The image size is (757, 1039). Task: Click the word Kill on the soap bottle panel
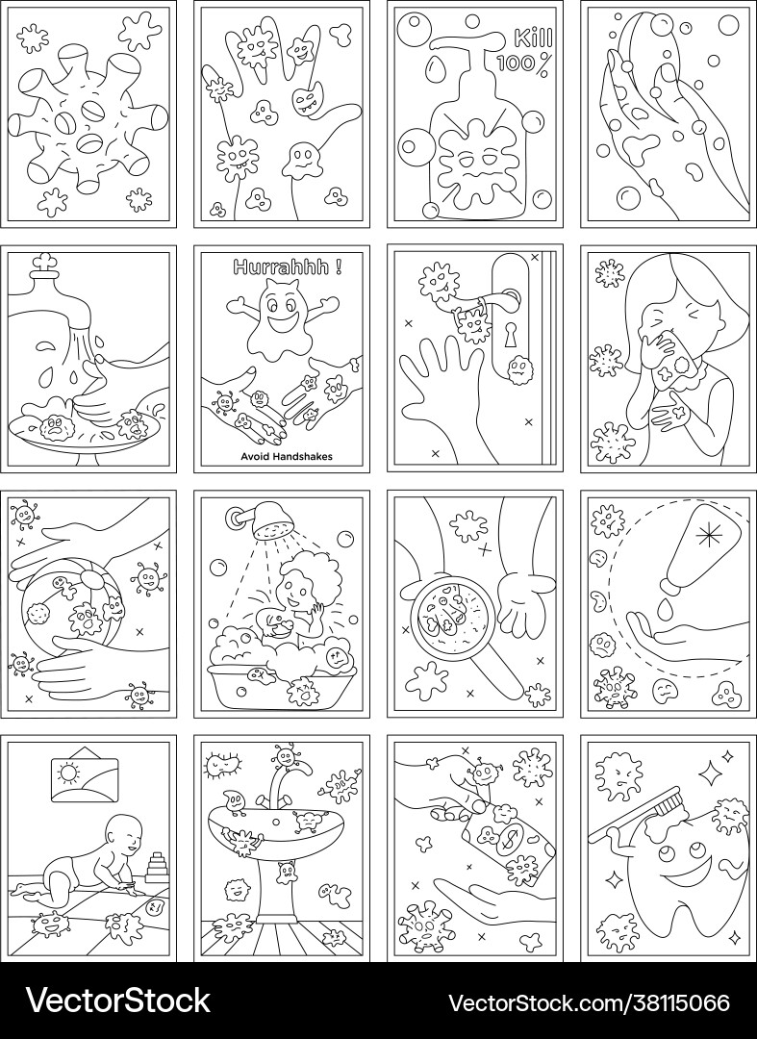click(x=533, y=38)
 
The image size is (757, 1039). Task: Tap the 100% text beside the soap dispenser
click(x=522, y=63)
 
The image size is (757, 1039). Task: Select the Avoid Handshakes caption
click(x=287, y=457)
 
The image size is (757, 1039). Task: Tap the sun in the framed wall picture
click(x=67, y=773)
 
